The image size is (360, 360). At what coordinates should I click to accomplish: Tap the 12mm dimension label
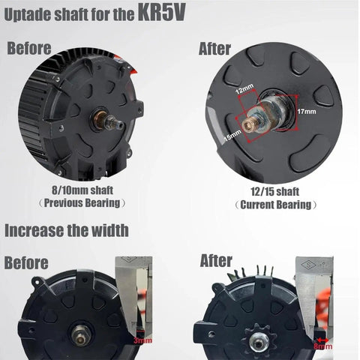point(245,90)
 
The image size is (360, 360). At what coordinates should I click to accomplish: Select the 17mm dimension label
point(307,111)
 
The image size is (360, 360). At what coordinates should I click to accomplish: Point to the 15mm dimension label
point(232,135)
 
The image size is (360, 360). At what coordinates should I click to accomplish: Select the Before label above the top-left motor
point(30,49)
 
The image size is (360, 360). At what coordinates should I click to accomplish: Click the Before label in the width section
point(27,262)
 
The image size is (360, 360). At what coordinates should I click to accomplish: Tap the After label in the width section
point(217,261)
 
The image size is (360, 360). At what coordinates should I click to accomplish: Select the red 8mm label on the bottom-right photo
point(322,346)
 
